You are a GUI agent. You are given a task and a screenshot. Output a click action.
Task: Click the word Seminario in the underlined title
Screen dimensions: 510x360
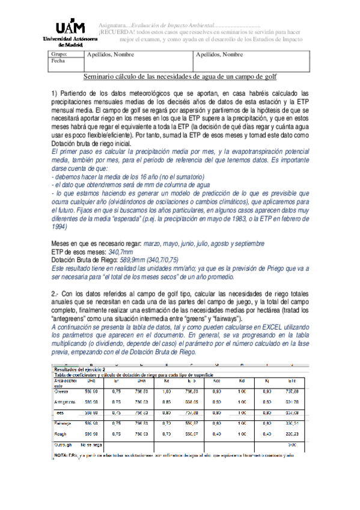[x=105, y=77]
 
